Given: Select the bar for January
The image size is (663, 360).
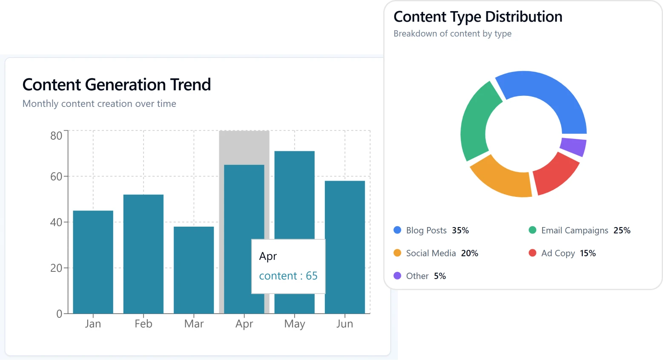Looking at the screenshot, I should click(93, 262).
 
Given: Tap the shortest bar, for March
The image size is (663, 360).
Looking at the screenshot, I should click(194, 270).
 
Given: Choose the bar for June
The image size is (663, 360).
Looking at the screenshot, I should click(344, 247).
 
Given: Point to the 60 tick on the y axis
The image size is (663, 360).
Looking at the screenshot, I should click(56, 176).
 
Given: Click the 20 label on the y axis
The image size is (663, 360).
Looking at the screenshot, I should click(56, 268).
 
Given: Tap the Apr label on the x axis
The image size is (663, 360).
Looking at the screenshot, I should click(244, 324).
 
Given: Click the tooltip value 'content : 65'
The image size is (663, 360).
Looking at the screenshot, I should click(288, 276).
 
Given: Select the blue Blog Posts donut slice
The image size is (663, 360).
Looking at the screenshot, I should click(549, 96).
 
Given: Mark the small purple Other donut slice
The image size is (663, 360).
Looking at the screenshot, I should click(573, 147).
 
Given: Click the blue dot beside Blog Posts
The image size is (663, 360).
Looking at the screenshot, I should click(397, 230).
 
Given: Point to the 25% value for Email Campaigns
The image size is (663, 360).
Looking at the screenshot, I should click(622, 230).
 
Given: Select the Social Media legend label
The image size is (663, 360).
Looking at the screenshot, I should click(431, 253).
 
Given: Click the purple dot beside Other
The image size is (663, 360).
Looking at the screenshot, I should click(397, 276).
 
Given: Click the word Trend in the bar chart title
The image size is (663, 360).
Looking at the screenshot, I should click(190, 84).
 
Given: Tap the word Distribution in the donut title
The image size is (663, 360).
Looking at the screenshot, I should click(523, 17).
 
